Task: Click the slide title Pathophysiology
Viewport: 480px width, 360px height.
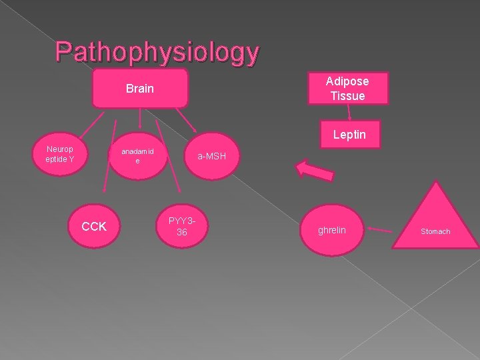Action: tap(157, 51)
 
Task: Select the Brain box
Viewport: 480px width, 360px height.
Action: tap(140, 88)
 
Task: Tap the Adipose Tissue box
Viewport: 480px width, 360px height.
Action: tap(347, 88)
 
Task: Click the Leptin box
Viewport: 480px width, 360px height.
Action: tap(349, 135)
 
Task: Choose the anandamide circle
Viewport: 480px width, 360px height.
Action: tap(137, 156)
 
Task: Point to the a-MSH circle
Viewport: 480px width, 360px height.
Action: tap(211, 157)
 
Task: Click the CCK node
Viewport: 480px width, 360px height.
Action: tap(94, 227)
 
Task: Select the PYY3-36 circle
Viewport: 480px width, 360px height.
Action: tap(181, 226)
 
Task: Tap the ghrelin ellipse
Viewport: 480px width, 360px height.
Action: tap(331, 230)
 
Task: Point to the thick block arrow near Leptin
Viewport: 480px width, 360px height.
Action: tap(315, 169)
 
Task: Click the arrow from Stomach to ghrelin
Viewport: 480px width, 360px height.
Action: tap(379, 231)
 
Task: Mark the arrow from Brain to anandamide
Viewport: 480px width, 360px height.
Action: tap(139, 118)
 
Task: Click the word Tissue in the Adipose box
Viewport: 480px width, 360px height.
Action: tap(347, 95)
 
